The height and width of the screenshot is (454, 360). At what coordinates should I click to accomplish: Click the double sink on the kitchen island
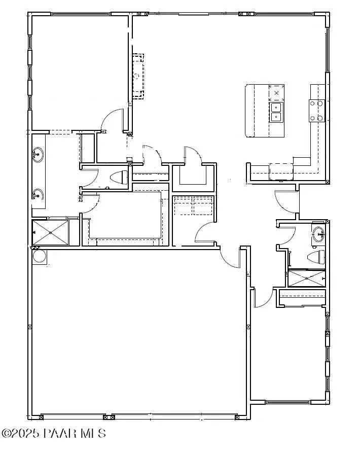tap(276, 112)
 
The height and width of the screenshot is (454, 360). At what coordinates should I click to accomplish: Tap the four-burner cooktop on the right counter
tap(317, 111)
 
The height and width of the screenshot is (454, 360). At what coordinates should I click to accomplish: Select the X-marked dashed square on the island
tap(276, 93)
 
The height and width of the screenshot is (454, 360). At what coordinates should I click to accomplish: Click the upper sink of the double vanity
tap(38, 154)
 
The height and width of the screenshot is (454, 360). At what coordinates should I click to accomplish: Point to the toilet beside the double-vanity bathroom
tap(120, 177)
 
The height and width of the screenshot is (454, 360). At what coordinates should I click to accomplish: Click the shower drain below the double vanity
tap(51, 232)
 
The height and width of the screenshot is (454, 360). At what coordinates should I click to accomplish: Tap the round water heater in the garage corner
tap(39, 256)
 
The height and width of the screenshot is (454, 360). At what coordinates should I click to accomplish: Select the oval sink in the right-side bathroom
tap(318, 235)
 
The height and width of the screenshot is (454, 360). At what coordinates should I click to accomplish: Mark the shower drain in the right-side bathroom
tap(306, 278)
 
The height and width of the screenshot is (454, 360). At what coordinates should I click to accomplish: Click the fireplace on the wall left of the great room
tap(137, 76)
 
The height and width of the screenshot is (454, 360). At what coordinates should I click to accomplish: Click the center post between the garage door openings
tap(107, 417)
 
